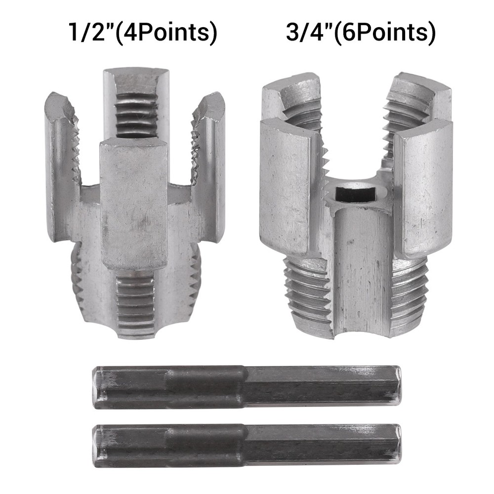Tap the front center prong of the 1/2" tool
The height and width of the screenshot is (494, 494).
(x=134, y=203)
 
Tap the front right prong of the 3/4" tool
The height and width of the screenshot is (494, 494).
(x=423, y=188)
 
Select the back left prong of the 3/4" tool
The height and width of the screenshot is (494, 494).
(x=291, y=99)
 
